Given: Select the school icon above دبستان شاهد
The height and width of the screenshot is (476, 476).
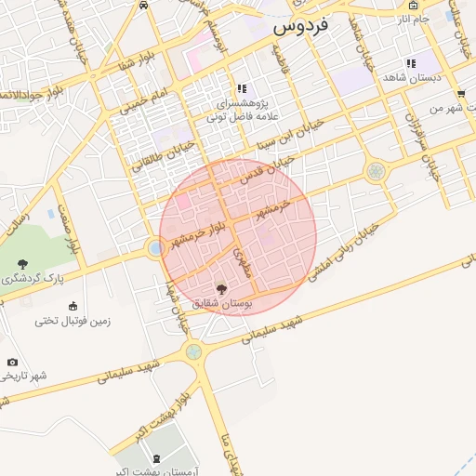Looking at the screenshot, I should (x=411, y=63).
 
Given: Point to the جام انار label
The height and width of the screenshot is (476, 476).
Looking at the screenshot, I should (x=414, y=19).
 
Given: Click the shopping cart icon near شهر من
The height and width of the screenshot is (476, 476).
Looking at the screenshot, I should (x=461, y=94).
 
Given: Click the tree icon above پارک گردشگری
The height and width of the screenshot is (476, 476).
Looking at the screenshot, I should (x=22, y=263).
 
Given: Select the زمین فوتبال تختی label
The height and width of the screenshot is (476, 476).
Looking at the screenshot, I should (x=73, y=321).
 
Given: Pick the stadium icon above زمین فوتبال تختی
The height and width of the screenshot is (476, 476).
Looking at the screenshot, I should (x=73, y=306).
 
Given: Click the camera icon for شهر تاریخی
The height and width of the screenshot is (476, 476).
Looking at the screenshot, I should (x=12, y=362).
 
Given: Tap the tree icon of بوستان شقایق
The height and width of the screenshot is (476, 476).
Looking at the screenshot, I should (x=220, y=289).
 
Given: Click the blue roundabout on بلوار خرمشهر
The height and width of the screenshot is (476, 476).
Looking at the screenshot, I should (x=154, y=248).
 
